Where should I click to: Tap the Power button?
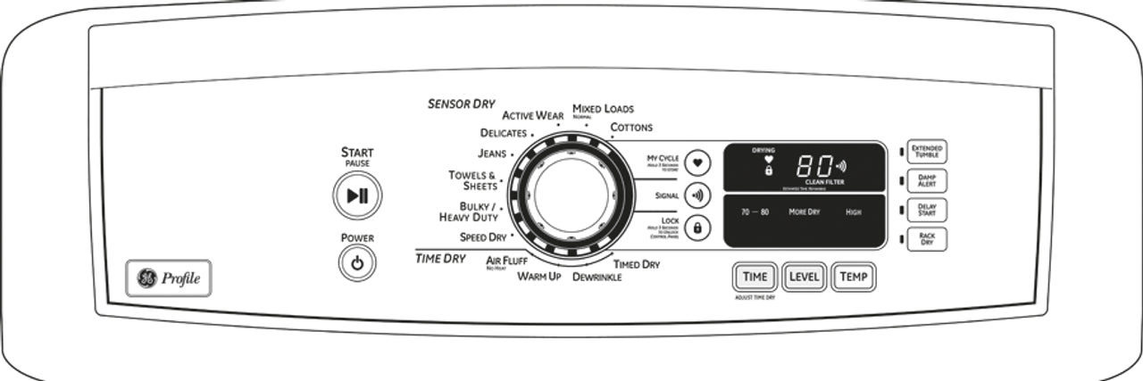pyautogui.click(x=357, y=264)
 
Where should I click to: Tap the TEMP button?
pyautogui.click(x=853, y=277)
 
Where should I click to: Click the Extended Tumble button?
pyautogui.click(x=926, y=151)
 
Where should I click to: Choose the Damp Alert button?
pyautogui.click(x=926, y=180)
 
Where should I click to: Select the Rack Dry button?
pyautogui.click(x=926, y=239)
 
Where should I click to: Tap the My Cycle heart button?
pyautogui.click(x=697, y=163)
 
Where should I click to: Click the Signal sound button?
pyautogui.click(x=697, y=195)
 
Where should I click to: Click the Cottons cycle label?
pyautogui.click(x=631, y=128)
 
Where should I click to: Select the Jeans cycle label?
pyautogui.click(x=492, y=153)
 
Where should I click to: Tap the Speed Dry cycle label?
pyautogui.click(x=483, y=237)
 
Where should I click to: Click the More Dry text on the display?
pyautogui.click(x=804, y=212)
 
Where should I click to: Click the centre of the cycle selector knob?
pyautogui.click(x=570, y=196)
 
